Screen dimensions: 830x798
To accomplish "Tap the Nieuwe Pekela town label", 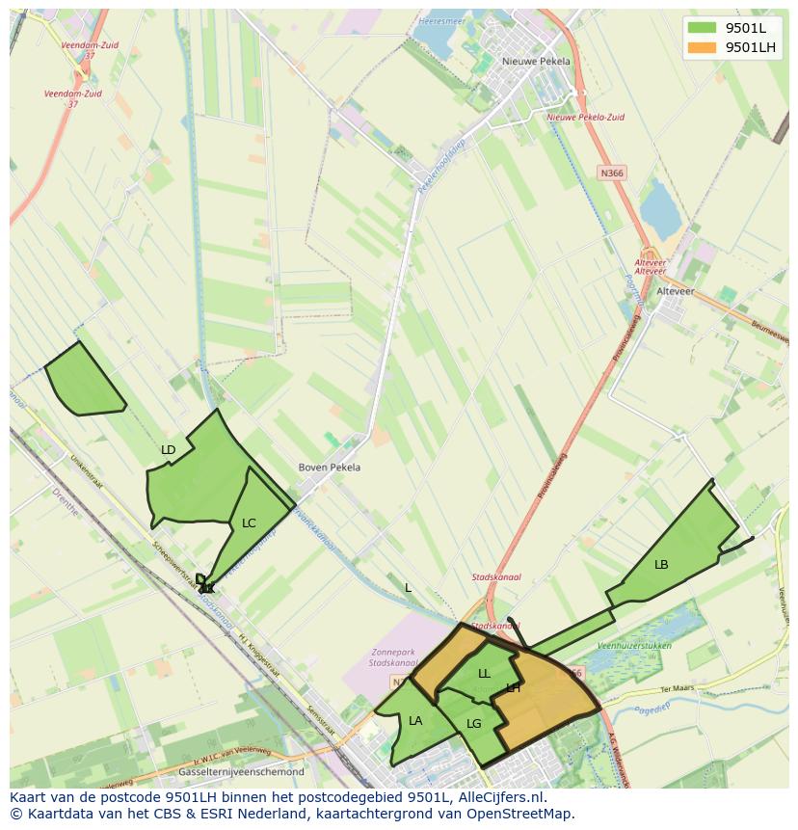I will click(x=536, y=61).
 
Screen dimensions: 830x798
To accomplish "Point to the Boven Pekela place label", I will click(x=330, y=468).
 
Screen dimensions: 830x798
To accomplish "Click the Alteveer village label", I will click(x=675, y=290).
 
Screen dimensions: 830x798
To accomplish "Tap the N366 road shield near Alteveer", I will click(x=611, y=173).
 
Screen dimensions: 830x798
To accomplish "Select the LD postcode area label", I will click(x=169, y=450).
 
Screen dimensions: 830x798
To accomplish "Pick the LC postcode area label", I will click(x=249, y=523).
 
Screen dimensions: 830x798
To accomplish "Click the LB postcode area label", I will click(x=661, y=565).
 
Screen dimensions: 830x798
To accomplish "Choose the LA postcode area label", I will click(x=415, y=721).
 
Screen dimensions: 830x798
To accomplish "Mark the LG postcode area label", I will click(x=473, y=724).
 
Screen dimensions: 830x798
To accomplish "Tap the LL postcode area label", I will click(x=484, y=674).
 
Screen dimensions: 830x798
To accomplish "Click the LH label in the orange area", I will click(x=514, y=688).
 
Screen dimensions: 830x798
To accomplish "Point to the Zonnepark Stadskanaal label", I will click(x=394, y=657).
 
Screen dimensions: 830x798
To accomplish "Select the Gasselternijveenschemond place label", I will click(x=242, y=772).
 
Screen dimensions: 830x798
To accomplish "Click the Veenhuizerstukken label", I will click(x=634, y=645).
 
